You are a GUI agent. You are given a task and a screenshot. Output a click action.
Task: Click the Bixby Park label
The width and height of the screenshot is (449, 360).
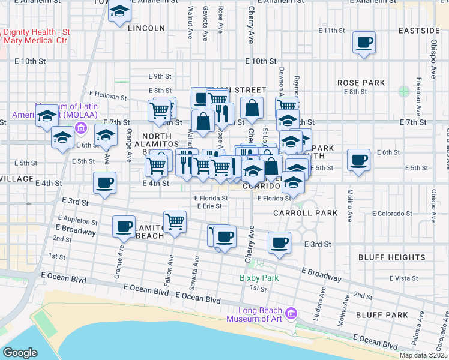coord(259,278)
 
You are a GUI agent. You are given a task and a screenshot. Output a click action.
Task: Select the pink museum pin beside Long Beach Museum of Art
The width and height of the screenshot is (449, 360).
coord(292,313)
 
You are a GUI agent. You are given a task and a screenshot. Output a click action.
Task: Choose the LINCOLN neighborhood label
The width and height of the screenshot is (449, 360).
coord(146,28)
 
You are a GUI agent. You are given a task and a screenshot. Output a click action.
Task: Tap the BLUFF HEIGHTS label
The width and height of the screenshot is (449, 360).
coord(392,257)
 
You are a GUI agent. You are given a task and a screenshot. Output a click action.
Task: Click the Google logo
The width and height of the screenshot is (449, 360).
coord(20,353)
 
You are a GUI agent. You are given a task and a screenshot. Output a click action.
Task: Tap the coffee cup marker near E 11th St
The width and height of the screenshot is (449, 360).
coord(364,43)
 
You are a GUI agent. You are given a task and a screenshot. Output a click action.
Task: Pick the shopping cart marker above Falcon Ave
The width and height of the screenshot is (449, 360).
coord(175,221)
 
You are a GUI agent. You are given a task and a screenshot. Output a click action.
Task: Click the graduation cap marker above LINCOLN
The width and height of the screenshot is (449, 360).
coord(119,11)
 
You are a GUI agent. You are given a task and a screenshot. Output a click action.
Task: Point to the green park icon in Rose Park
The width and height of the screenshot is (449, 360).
coord(403,92)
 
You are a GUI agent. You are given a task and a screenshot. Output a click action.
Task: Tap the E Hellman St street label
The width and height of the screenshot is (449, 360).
coord(108,97)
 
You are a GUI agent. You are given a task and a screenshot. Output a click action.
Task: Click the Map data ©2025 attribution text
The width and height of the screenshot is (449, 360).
coord(423,355)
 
